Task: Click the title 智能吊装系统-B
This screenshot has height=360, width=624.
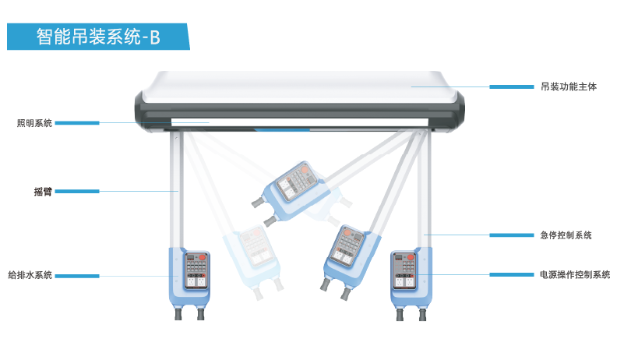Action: pos(98,37)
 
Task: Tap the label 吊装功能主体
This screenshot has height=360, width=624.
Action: pos(568,86)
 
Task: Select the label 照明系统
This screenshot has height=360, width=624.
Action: pos(34,123)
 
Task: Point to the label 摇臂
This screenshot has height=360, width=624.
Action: pos(43,192)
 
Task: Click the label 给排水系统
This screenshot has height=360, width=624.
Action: pos(30,275)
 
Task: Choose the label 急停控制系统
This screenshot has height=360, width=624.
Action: pos(566,235)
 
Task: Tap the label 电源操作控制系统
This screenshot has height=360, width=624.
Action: pos(575,275)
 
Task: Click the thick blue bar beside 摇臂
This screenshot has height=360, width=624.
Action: pos(77,192)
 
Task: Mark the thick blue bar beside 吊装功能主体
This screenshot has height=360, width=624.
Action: pos(511,86)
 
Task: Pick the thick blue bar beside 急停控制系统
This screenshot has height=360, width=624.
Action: pos(511,235)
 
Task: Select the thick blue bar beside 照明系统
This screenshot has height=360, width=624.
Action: pos(77,123)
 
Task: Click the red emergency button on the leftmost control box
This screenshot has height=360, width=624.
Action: pos(202,257)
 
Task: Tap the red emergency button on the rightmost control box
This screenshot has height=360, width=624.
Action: pos(411,257)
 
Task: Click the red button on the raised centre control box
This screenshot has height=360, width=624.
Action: pos(305,170)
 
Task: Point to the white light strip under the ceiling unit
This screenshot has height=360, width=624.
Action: pos(300,122)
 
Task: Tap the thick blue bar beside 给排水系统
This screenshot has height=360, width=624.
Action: pos(77,276)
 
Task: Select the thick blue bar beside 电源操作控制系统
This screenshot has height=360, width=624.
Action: pos(511,275)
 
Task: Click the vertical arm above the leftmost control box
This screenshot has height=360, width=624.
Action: pos(176,189)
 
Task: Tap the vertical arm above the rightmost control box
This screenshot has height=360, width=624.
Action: pos(425,189)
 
